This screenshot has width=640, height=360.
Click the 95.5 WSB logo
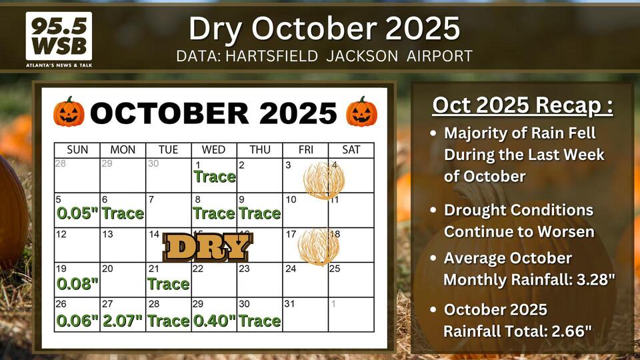pyautogui.click(x=59, y=39)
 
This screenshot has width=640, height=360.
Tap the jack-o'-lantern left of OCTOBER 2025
pyautogui.click(x=69, y=111)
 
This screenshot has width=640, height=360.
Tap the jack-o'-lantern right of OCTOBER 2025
pyautogui.click(x=361, y=111)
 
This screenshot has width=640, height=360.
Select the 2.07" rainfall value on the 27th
pyautogui.click(x=122, y=321)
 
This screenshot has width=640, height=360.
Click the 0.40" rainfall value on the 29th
pyautogui.click(x=214, y=321)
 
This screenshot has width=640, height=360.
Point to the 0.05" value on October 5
pyautogui.click(x=77, y=213)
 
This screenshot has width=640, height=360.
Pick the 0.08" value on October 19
pyautogui.click(x=77, y=284)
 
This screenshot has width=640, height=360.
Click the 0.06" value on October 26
pyautogui.click(x=77, y=321)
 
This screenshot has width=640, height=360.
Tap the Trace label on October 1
pyautogui.click(x=215, y=177)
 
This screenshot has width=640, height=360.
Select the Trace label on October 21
pyautogui.click(x=168, y=284)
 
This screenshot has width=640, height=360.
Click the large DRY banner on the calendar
pyautogui.click(x=208, y=247)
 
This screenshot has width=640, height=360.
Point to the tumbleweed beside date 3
pyautogui.click(x=324, y=180)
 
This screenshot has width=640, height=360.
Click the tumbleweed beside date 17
pyautogui.click(x=319, y=247)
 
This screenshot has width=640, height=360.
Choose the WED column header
pyautogui.click(x=214, y=150)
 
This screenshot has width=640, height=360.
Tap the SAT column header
pyautogui.click(x=351, y=150)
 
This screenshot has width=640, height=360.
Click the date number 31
pyautogui.click(x=289, y=304)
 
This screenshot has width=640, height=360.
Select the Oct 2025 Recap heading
pyautogui.click(x=523, y=105)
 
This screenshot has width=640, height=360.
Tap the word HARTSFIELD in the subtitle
pyautogui.click(x=271, y=56)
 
